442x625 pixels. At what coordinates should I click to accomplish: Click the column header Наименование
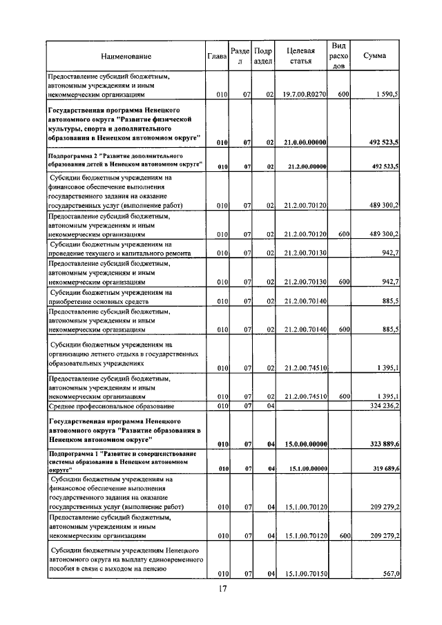coord(126,56)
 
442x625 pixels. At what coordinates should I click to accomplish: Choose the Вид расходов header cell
coord(338,55)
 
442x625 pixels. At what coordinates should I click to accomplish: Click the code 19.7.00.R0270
coord(305,93)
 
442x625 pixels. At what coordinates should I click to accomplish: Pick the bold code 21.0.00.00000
coord(305,142)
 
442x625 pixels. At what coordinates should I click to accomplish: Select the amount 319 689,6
coord(381,468)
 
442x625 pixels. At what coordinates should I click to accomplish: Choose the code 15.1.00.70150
coord(305,574)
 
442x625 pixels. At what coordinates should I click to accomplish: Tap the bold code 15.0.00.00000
coord(305,443)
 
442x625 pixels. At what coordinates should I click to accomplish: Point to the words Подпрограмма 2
coord(72,157)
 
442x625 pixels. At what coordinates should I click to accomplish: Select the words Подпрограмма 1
coord(72,453)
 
